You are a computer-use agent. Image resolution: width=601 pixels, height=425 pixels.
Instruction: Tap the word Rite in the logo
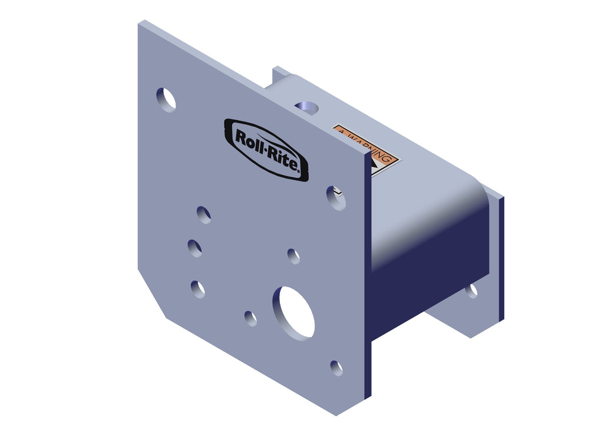tap(283, 159)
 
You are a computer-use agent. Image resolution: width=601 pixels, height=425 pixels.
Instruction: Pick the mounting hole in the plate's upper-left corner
tap(166, 99)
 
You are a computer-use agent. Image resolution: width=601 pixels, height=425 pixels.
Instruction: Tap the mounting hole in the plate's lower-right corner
tap(336, 368)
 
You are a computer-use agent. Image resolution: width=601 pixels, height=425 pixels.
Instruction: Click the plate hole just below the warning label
tap(336, 198)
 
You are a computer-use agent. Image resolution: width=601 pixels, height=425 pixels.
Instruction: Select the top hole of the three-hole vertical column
tap(204, 215)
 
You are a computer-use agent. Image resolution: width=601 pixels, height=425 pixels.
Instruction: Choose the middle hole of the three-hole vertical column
tap(195, 248)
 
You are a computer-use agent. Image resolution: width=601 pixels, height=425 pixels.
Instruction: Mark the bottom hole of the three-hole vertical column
tap(198, 289)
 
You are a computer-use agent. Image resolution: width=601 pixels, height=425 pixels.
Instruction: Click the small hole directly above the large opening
tap(293, 256)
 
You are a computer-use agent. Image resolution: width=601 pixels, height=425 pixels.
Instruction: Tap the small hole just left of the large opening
tap(251, 318)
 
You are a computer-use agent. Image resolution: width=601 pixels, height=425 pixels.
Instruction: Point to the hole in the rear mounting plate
tap(471, 291)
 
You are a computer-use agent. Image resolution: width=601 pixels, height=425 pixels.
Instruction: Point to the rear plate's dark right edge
tap(501, 258)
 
